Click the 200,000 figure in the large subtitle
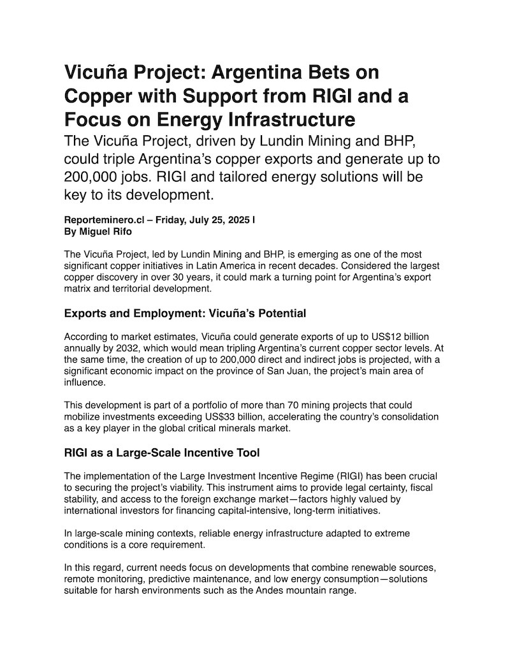coord(94,175)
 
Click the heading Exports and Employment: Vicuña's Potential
coord(185,313)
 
